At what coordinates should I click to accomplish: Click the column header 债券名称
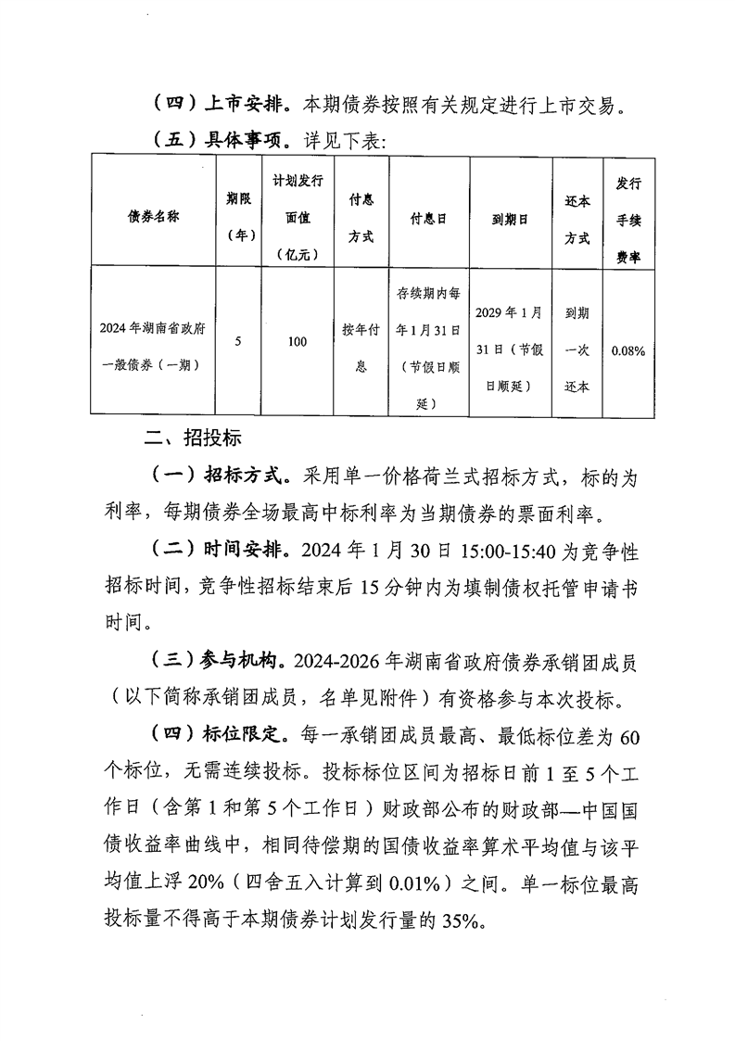click(x=153, y=215)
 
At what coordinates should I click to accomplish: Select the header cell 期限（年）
click(x=239, y=215)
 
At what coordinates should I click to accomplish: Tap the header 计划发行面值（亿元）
click(x=297, y=215)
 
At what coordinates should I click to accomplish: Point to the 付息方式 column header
click(x=361, y=215)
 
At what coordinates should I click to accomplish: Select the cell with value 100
click(x=297, y=342)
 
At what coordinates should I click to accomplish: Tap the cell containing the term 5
click(x=239, y=342)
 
